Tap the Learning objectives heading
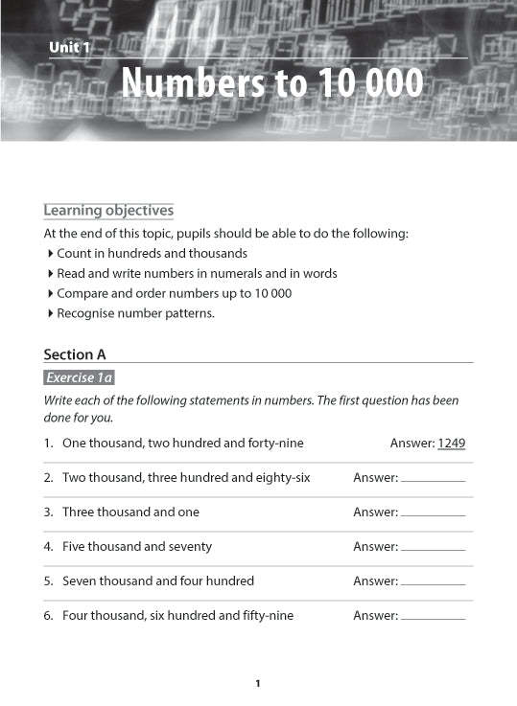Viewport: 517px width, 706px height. (108, 210)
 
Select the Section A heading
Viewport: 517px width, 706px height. (75, 354)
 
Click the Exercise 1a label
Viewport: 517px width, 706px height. (80, 377)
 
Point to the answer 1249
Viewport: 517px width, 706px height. (452, 444)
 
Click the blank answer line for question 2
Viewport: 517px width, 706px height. (433, 479)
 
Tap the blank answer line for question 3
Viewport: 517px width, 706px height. (433, 513)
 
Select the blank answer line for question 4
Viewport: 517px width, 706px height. (433, 548)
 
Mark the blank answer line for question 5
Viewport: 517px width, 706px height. (433, 582)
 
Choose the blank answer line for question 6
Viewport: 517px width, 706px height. (433, 617)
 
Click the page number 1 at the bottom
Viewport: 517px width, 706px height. (258, 683)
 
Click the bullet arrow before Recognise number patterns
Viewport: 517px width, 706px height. (50, 313)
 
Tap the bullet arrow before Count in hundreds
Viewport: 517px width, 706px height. (50, 254)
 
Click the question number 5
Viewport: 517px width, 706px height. (48, 581)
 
